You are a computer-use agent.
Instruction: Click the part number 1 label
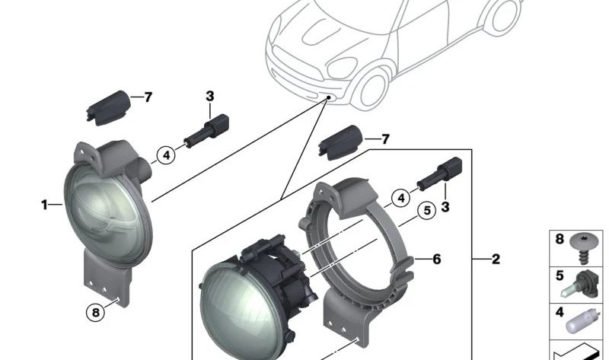tap(44, 204)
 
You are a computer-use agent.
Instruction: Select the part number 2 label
tap(496, 260)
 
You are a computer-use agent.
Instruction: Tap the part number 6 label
tap(436, 260)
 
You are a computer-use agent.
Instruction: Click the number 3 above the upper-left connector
tap(209, 96)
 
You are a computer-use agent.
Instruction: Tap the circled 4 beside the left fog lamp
tap(164, 156)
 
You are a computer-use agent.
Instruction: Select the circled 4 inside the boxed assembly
tap(400, 199)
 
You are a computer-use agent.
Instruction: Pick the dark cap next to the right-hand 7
tap(343, 142)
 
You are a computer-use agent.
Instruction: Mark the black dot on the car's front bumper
tap(326, 98)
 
